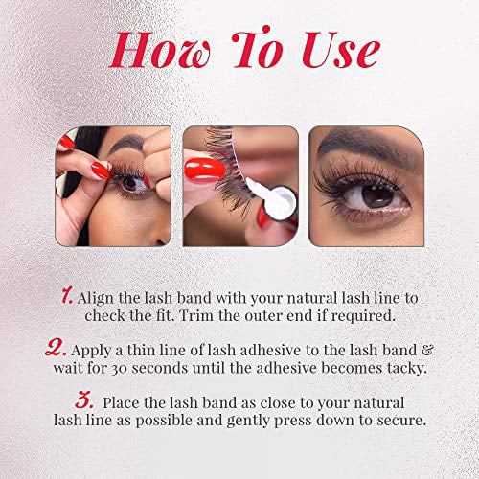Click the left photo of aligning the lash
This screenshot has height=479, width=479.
click(112, 185)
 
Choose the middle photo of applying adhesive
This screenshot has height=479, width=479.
click(239, 185)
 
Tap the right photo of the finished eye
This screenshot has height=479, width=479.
click(365, 185)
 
